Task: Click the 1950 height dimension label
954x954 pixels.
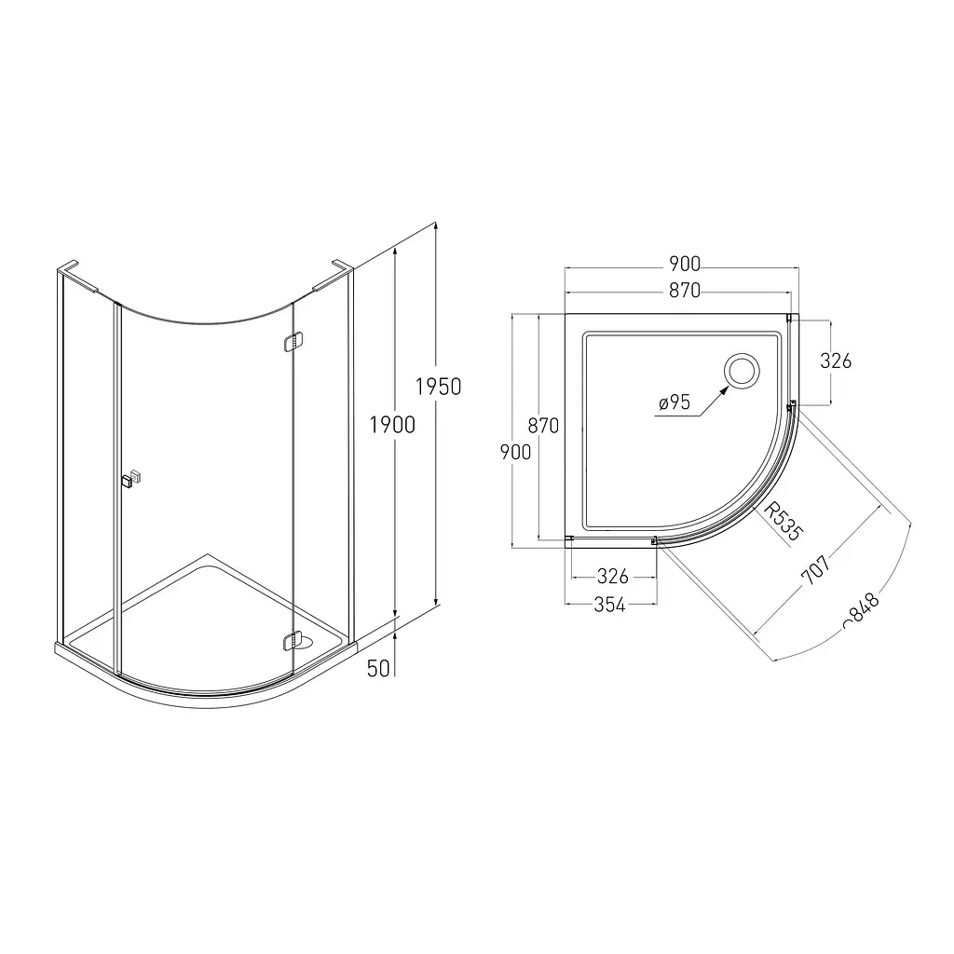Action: pos(438,387)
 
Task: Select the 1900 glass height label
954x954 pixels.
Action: pos(392,425)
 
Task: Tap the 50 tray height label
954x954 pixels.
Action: pos(378,669)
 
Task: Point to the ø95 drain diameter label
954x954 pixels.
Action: pos(675,402)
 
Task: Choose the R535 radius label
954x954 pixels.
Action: pos(783,522)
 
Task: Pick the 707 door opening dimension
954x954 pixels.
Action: pos(816,569)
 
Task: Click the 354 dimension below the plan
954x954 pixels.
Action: pos(609,604)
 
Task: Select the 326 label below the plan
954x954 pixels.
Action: pos(613,576)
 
